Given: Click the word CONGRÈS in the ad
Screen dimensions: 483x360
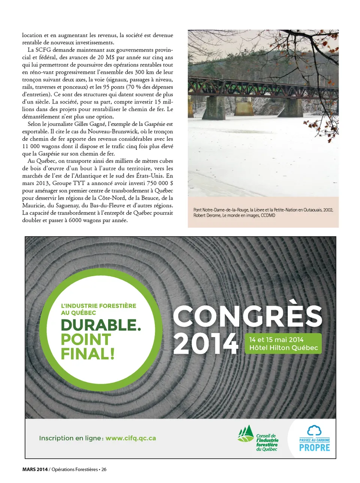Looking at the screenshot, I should (247, 316).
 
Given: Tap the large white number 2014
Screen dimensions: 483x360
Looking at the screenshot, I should (205, 344).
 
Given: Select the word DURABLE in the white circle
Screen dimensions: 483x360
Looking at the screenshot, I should (100, 325).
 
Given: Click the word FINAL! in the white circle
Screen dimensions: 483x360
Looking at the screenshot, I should (87, 354).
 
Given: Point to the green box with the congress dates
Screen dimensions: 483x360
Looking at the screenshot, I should (283, 344).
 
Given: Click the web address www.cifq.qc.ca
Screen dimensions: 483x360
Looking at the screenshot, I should (130, 438).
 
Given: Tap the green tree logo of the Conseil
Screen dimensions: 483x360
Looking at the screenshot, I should (246, 434).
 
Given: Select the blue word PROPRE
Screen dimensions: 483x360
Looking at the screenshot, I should (314, 448).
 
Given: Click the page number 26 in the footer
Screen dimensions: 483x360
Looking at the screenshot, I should (103, 469).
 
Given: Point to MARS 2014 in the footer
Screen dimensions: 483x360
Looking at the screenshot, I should (35, 469).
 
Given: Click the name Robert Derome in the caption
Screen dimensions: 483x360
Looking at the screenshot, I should (206, 215).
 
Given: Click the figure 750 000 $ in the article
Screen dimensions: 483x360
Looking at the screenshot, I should (160, 183).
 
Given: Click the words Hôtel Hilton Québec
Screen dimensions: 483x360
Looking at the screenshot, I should (283, 348).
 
